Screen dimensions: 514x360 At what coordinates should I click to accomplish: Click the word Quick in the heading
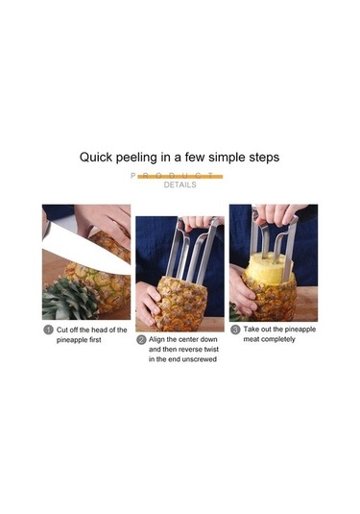point(100,156)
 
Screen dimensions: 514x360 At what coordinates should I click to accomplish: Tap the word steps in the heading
point(260,156)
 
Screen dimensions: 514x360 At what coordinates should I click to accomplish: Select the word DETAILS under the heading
point(180,184)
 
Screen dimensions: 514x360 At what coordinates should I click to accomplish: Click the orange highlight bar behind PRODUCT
point(180,177)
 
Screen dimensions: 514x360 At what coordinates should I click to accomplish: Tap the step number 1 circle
point(48,330)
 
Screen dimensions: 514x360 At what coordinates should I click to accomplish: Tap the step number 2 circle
point(141,339)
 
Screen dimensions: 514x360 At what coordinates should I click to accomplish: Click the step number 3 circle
point(235,330)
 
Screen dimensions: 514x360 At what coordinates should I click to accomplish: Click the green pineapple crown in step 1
point(67,298)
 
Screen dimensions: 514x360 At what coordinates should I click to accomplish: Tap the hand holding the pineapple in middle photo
point(147,303)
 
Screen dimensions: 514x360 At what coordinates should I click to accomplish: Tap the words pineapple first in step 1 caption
point(91,341)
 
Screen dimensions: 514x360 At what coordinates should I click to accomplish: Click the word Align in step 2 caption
point(159,339)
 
